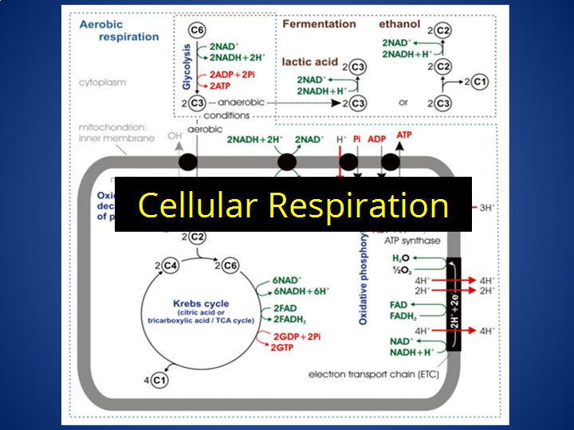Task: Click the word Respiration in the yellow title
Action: (358, 205)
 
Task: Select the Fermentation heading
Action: (319, 24)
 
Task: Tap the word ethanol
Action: (399, 24)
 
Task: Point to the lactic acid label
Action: (310, 61)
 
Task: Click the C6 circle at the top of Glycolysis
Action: (197, 30)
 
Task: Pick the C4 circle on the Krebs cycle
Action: (167, 265)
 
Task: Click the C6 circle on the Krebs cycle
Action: (230, 265)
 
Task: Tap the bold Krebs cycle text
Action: (201, 303)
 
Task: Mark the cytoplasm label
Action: (102, 82)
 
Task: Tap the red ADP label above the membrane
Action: (377, 139)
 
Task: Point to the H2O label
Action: (401, 260)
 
